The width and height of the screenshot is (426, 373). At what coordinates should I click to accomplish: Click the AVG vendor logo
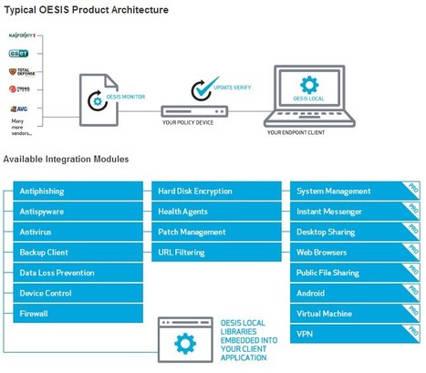[20, 109]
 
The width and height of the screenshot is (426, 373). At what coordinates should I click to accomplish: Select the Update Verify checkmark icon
[202, 89]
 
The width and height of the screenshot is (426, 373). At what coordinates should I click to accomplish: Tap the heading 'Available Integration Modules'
[66, 160]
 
